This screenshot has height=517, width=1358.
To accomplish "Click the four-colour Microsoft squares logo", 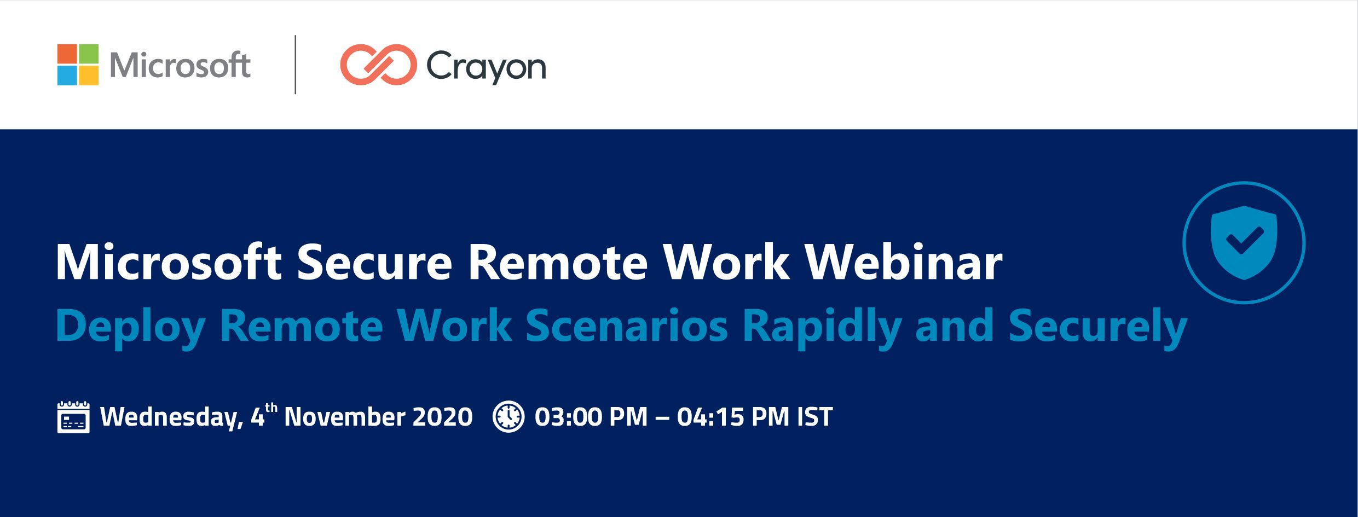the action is pyautogui.click(x=78, y=65).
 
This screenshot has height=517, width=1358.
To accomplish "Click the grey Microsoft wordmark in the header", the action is pyautogui.click(x=180, y=65).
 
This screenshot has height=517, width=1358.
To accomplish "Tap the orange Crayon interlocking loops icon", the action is pyautogui.click(x=378, y=65).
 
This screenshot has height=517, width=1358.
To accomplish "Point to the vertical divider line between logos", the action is pyautogui.click(x=296, y=65).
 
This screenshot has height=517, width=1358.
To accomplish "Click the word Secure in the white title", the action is pyautogui.click(x=375, y=263).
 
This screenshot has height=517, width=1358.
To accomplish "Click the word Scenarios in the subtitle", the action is pyautogui.click(x=626, y=326).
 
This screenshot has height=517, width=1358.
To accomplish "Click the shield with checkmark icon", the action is pyautogui.click(x=1244, y=243).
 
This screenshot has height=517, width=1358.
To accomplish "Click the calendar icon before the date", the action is pyautogui.click(x=73, y=417).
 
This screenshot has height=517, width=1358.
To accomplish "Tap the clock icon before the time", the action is pyautogui.click(x=508, y=417).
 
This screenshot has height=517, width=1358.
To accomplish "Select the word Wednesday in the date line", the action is pyautogui.click(x=172, y=417).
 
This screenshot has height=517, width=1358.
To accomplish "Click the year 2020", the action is pyautogui.click(x=442, y=417).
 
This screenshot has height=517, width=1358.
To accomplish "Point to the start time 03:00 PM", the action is pyautogui.click(x=591, y=417).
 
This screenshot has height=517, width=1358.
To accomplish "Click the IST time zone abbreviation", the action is pyautogui.click(x=815, y=417).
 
